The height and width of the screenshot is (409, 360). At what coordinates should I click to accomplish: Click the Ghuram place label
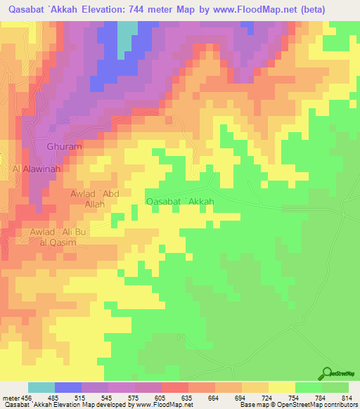[x=64, y=147]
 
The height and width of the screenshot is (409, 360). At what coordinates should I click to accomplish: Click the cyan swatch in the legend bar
[x=41, y=387]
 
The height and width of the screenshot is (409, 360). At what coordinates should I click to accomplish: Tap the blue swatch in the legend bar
[x=68, y=387]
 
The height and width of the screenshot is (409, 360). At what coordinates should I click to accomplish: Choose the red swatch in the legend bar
[x=175, y=387]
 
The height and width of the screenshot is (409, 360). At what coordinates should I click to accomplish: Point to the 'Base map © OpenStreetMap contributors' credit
[x=297, y=404]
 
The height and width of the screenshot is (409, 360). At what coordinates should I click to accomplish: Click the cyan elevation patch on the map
[x=125, y=39]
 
